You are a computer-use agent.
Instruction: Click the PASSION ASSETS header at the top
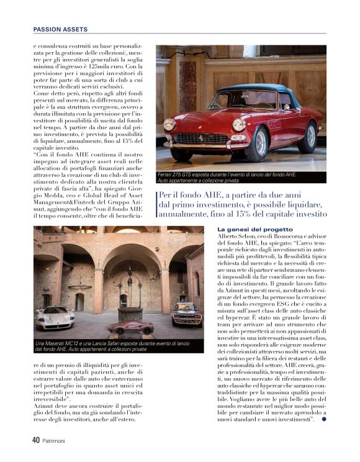pos(60,29)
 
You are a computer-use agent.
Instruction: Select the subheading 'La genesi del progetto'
pos(246,230)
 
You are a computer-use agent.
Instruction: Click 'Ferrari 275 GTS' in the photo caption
pos(177,175)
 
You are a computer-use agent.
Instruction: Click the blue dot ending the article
pos(324,421)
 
